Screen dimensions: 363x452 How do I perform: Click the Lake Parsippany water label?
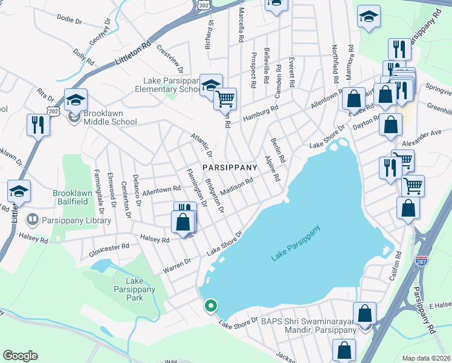(295, 244)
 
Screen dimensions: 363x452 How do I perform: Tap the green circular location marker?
(210, 306)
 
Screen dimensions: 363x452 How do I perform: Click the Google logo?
(20, 356)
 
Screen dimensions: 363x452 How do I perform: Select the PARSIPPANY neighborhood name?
(230, 166)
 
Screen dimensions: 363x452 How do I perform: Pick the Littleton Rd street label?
(132, 53)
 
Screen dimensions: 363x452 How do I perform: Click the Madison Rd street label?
(236, 186)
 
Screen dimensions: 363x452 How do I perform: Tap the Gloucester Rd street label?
(109, 247)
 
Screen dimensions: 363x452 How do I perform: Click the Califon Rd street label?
(398, 261)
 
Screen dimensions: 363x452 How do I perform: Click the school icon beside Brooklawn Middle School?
(76, 99)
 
